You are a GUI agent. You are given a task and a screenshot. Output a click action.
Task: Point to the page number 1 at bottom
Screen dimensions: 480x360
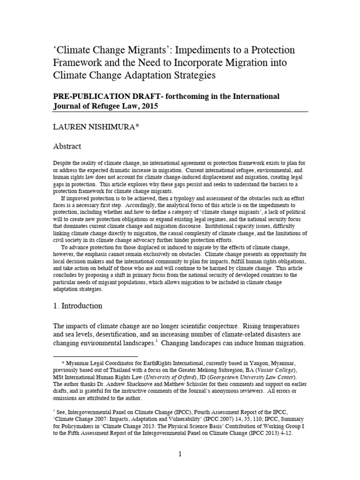180,454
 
